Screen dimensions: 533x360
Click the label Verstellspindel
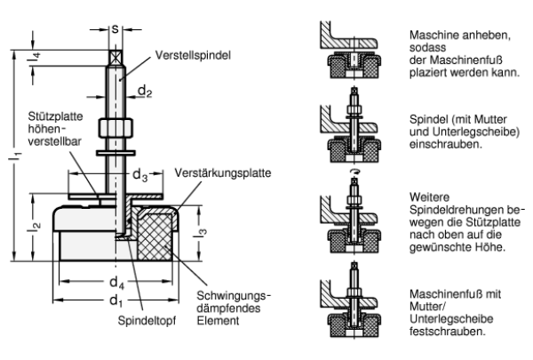click(193, 55)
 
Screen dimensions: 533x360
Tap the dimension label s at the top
click(115, 29)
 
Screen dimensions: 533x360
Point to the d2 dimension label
click(145, 92)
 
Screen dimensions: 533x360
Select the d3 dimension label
click(139, 175)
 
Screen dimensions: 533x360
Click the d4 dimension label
click(116, 283)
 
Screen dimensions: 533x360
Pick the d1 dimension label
click(115, 301)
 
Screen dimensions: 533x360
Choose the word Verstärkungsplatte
click(223, 172)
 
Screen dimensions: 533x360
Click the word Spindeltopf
click(147, 321)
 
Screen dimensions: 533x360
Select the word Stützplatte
click(55, 116)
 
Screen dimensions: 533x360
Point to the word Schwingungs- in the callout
click(234, 296)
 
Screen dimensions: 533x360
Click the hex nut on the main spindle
click(115, 128)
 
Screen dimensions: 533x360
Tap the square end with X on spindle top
click(115, 58)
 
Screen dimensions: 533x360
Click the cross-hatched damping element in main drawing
click(155, 236)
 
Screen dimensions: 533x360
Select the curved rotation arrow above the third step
click(354, 172)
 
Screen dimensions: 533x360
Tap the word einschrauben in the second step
click(446, 144)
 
